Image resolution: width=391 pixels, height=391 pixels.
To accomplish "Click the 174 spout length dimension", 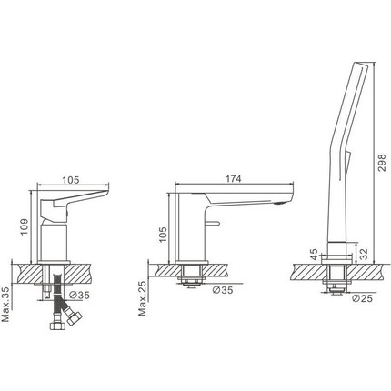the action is [x=234, y=179].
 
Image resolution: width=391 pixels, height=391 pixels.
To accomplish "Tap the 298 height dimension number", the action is [x=382, y=163].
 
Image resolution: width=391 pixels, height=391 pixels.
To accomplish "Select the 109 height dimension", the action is [x=24, y=226].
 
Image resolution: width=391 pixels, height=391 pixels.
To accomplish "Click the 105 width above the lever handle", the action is [x=71, y=180].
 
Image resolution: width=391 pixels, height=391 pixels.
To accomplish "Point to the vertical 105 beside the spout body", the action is [x=163, y=235].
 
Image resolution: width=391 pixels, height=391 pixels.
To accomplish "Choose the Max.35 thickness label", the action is [x=5, y=304].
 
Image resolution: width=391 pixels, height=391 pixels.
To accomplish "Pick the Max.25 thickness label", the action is [x=143, y=298].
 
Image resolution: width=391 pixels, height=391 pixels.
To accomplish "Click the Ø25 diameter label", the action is [x=362, y=298].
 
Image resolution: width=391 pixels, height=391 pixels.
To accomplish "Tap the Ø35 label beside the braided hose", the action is [x=79, y=295].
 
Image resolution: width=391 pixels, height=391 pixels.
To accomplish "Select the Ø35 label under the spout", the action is [x=223, y=290].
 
